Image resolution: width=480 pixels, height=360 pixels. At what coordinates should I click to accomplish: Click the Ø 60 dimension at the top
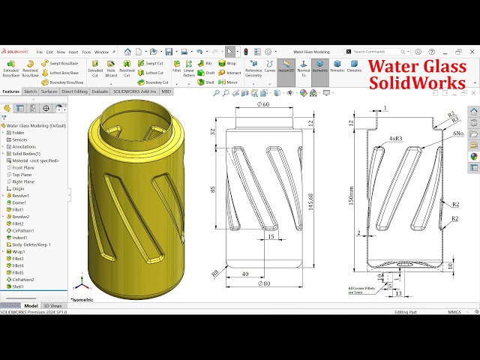tap(263, 104)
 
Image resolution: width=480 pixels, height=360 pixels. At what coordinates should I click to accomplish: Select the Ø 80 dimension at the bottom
tap(263, 283)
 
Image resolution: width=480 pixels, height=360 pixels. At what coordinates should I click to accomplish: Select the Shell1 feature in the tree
tap(18, 286)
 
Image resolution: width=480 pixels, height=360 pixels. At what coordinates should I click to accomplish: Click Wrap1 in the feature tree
tap(19, 251)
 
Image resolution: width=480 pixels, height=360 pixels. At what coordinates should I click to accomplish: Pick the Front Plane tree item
tap(23, 167)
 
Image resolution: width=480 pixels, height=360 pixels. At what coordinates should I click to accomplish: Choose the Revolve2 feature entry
tap(21, 217)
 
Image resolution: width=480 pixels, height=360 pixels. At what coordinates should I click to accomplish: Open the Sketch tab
tap(31, 91)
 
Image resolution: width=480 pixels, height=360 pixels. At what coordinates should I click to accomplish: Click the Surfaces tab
tap(49, 91)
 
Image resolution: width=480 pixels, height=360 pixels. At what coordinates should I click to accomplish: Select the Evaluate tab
tap(100, 91)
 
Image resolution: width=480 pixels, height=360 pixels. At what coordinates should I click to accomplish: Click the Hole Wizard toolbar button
tap(111, 69)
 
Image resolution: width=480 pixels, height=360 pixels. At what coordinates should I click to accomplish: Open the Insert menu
tap(73, 52)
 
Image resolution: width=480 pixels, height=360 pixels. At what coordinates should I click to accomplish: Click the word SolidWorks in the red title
tap(418, 82)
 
